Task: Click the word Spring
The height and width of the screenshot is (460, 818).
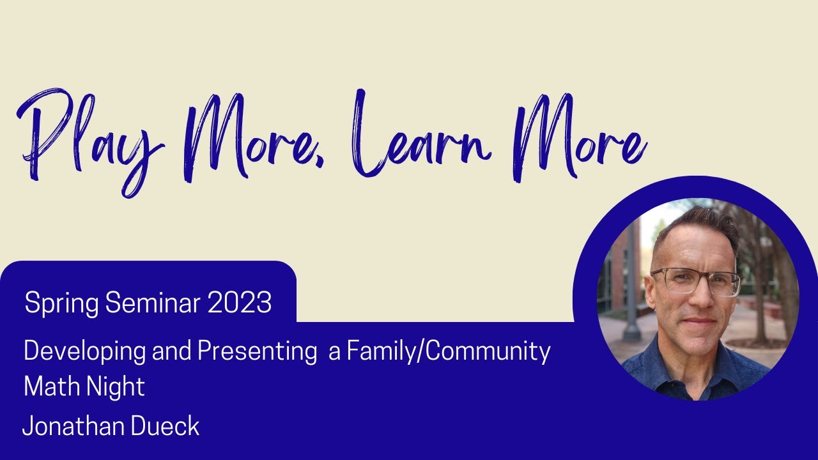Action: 62,303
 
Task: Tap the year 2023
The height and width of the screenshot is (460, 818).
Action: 240,303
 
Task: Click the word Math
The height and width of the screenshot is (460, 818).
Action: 49,387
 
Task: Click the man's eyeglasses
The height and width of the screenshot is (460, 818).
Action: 696,281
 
